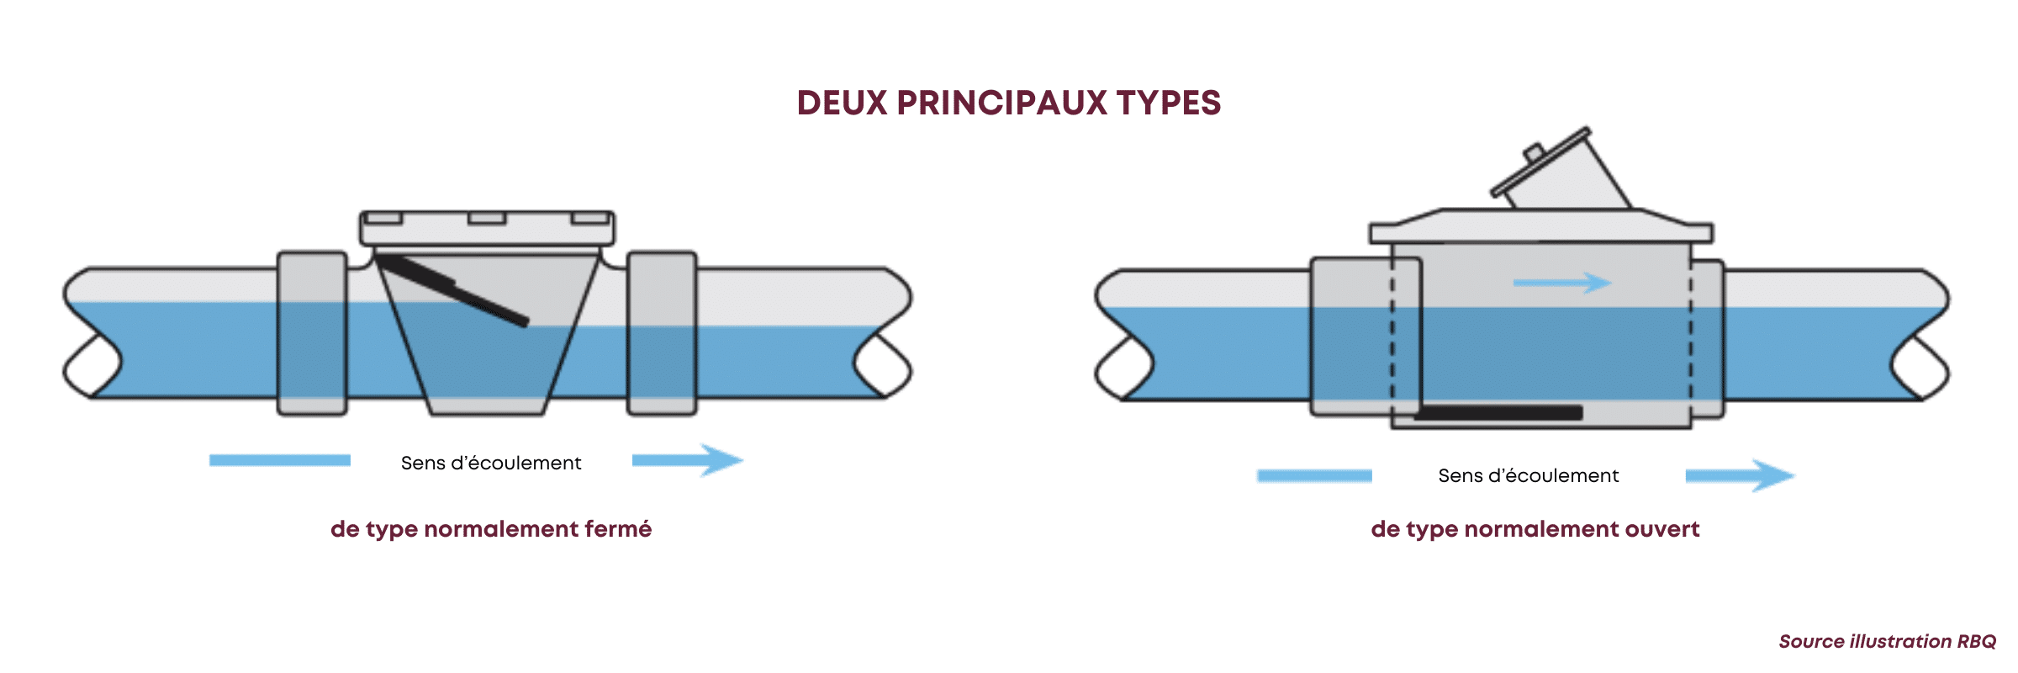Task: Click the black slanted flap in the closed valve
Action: (454, 291)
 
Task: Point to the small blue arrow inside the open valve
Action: (1562, 283)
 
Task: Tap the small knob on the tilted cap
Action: (1533, 153)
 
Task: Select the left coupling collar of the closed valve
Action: (312, 333)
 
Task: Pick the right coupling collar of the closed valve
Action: (662, 333)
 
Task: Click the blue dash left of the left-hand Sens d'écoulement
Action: (279, 460)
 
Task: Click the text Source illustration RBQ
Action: (1887, 641)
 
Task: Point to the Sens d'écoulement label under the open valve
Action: (1528, 476)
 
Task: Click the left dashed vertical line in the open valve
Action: (1392, 336)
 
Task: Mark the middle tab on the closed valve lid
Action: (487, 219)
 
